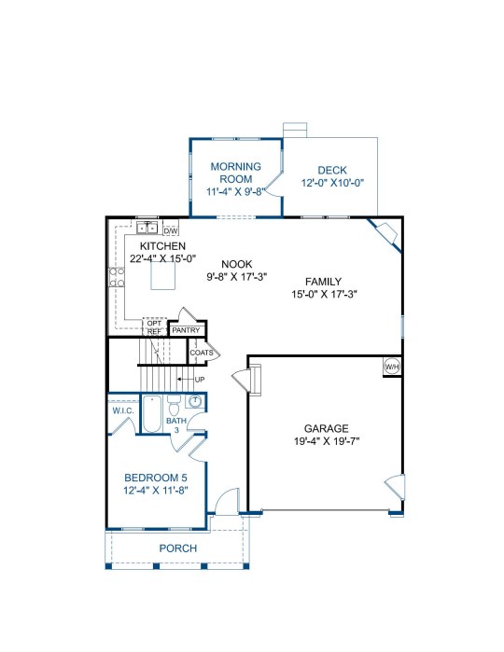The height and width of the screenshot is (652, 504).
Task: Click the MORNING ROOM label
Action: tap(236, 173)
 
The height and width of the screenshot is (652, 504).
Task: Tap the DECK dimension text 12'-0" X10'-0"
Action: tap(332, 183)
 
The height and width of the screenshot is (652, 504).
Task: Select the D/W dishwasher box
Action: tap(171, 230)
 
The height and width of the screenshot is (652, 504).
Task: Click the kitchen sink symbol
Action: tap(147, 228)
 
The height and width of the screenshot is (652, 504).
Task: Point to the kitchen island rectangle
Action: tap(162, 275)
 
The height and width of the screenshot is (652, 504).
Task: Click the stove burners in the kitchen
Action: tap(117, 277)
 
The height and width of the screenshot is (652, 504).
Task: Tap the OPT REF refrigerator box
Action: tap(154, 326)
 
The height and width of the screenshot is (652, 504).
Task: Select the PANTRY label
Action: tap(186, 330)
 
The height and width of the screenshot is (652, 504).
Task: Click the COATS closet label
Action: tap(202, 353)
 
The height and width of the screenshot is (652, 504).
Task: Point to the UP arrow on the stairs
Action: tap(186, 380)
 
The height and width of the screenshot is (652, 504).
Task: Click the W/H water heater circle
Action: tap(392, 367)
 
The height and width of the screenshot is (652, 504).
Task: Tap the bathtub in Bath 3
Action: tap(152, 414)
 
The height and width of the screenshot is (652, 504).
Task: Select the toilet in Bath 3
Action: tap(174, 407)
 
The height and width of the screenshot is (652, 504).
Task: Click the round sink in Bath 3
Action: tap(195, 401)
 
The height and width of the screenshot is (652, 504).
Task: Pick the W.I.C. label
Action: tap(123, 410)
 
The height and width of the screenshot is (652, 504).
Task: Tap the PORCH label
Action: tap(178, 548)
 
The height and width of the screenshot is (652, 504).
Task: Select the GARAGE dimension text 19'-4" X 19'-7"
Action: tap(327, 441)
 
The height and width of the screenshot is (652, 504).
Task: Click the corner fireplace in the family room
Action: tap(385, 234)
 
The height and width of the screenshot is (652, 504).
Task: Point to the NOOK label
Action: tap(237, 264)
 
